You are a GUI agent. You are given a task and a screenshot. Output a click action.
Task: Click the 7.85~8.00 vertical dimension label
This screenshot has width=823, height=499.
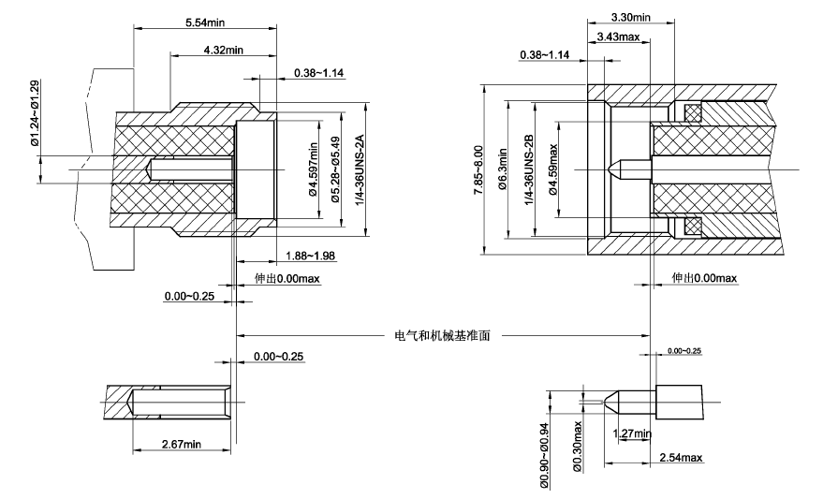tap(479, 169)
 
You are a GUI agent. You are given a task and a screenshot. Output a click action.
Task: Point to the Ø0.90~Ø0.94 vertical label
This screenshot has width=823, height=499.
tap(542, 455)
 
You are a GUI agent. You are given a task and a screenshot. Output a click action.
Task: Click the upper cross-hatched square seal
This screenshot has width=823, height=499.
tap(694, 113)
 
